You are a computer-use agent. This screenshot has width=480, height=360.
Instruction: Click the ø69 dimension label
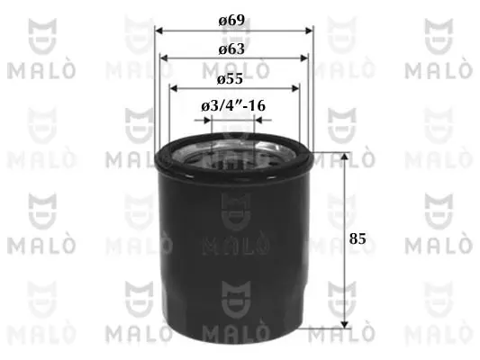pyautogui.click(x=231, y=21)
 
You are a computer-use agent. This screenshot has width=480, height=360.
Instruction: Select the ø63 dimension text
pyautogui.click(x=231, y=49)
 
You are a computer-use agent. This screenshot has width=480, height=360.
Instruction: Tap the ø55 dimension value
pyautogui.click(x=230, y=79)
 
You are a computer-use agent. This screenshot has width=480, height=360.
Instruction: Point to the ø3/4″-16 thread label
pyautogui.click(x=233, y=106)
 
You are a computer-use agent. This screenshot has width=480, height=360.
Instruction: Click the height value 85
pyautogui.click(x=358, y=238)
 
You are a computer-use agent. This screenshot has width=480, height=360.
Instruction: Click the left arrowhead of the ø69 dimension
pyautogui.click(x=158, y=31)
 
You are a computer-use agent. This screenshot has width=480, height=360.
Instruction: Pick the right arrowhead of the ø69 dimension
pyautogui.click(x=310, y=31)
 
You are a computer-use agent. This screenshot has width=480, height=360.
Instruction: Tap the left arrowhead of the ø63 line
pyautogui.click(x=164, y=58)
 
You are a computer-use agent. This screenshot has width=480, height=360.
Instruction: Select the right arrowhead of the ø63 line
pyautogui.click(x=304, y=58)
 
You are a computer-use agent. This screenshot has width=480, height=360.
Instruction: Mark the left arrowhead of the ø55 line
pyautogui.click(x=174, y=89)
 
